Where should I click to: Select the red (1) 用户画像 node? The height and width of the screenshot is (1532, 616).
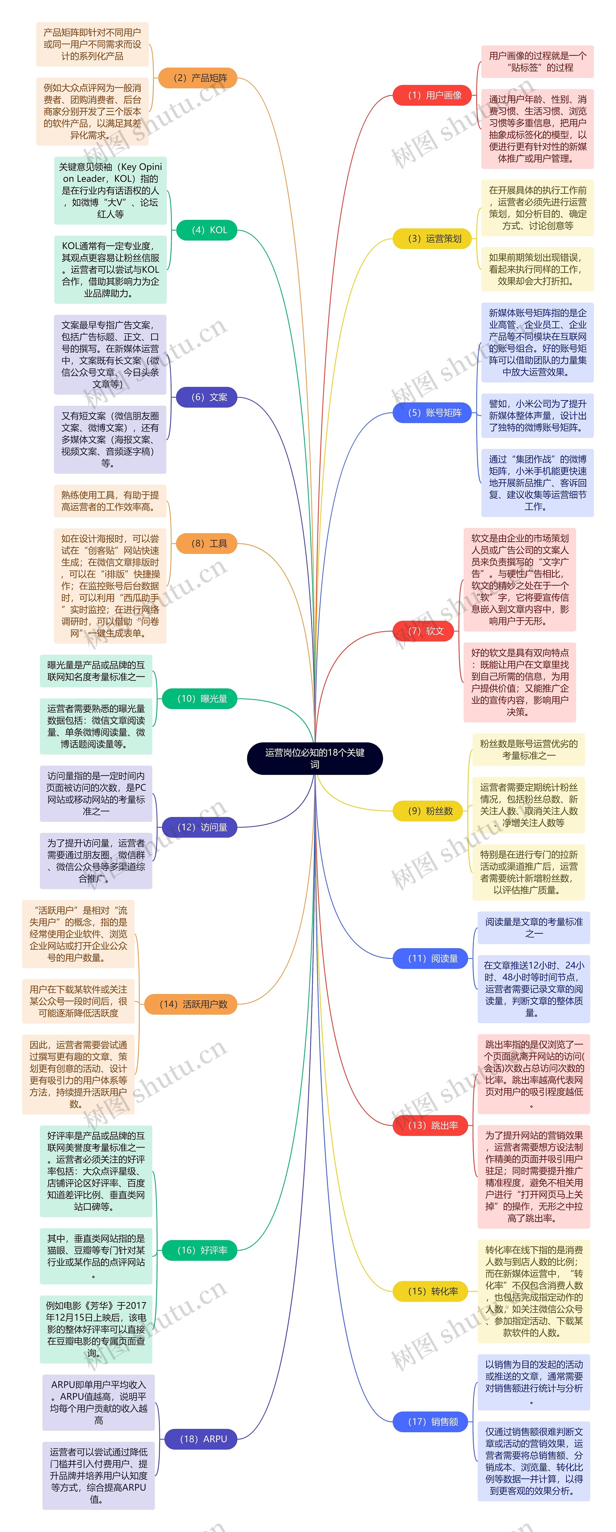pyautogui.click(x=432, y=95)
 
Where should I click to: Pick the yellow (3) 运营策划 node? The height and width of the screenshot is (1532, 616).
pyautogui.click(x=432, y=239)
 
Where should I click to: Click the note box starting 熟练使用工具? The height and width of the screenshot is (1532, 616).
pyautogui.click(x=110, y=501)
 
